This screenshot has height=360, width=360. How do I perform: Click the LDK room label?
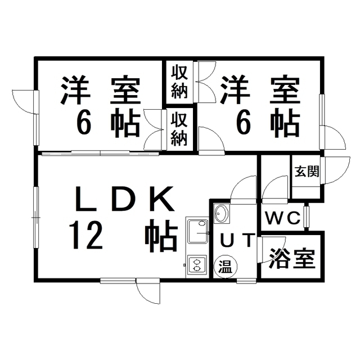125,199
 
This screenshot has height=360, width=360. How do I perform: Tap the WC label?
282,218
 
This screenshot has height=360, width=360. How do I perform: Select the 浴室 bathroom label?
292,258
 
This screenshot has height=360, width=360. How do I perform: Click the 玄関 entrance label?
307,172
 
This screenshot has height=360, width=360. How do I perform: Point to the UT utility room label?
237,240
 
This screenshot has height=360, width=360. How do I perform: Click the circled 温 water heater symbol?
225,267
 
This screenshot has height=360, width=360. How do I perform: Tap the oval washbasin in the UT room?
221,213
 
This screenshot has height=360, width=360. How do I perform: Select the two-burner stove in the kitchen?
197,265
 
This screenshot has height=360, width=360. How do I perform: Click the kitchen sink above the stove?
197,232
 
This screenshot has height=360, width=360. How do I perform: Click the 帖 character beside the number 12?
163,236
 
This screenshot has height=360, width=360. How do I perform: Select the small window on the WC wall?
307,216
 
